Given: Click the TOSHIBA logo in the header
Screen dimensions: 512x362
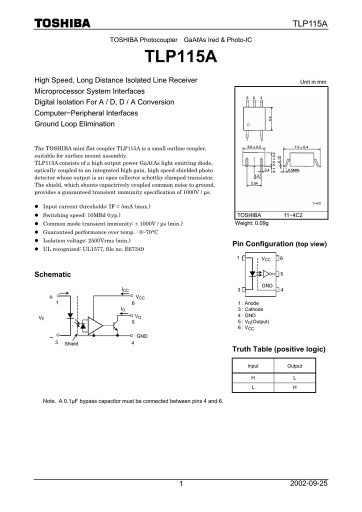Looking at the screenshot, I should pos(62,23).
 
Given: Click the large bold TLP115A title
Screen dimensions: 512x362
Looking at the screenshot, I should pos(181,56).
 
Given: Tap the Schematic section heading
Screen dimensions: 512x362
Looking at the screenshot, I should pos(52,274).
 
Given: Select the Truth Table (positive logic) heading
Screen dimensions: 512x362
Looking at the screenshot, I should pos(279,348).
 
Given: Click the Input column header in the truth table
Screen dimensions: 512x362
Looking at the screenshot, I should pos(253,366).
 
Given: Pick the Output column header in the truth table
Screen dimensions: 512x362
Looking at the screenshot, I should pos(294,366).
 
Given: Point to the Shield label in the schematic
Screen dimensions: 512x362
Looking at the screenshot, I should pos(71,344).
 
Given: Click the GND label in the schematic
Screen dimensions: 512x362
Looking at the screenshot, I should pos(142,336).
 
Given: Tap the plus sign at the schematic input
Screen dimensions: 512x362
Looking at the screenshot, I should pos(51,297).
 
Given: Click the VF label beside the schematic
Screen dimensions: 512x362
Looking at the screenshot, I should pos(41,318).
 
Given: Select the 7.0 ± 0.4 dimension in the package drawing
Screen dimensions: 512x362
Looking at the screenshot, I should pos(301,146).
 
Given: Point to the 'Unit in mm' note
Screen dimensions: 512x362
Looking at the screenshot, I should pos(313,81).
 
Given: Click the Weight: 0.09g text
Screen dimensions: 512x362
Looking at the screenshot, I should pos(252,223).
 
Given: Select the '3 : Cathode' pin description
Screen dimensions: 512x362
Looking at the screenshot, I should pos(250,309).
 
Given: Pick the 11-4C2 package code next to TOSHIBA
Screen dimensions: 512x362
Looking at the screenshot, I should pos(293,215).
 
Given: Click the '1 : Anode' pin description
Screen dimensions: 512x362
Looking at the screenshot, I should pos(248,303).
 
